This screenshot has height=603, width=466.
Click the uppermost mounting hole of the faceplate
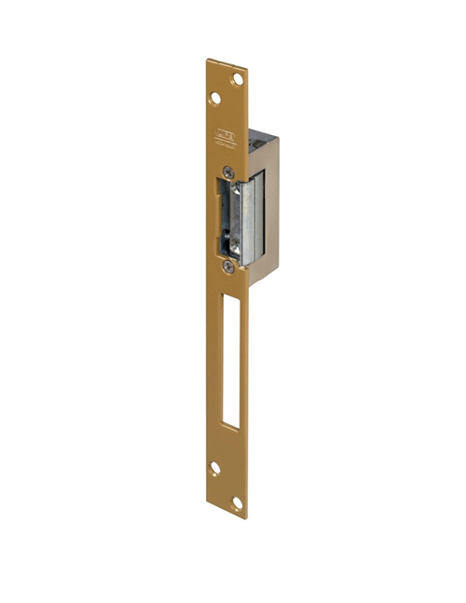pos(237,79)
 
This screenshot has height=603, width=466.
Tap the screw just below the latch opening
pos(227,265)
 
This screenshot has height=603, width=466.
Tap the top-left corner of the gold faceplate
pos(208,62)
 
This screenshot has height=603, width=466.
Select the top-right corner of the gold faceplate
pos(248,70)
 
